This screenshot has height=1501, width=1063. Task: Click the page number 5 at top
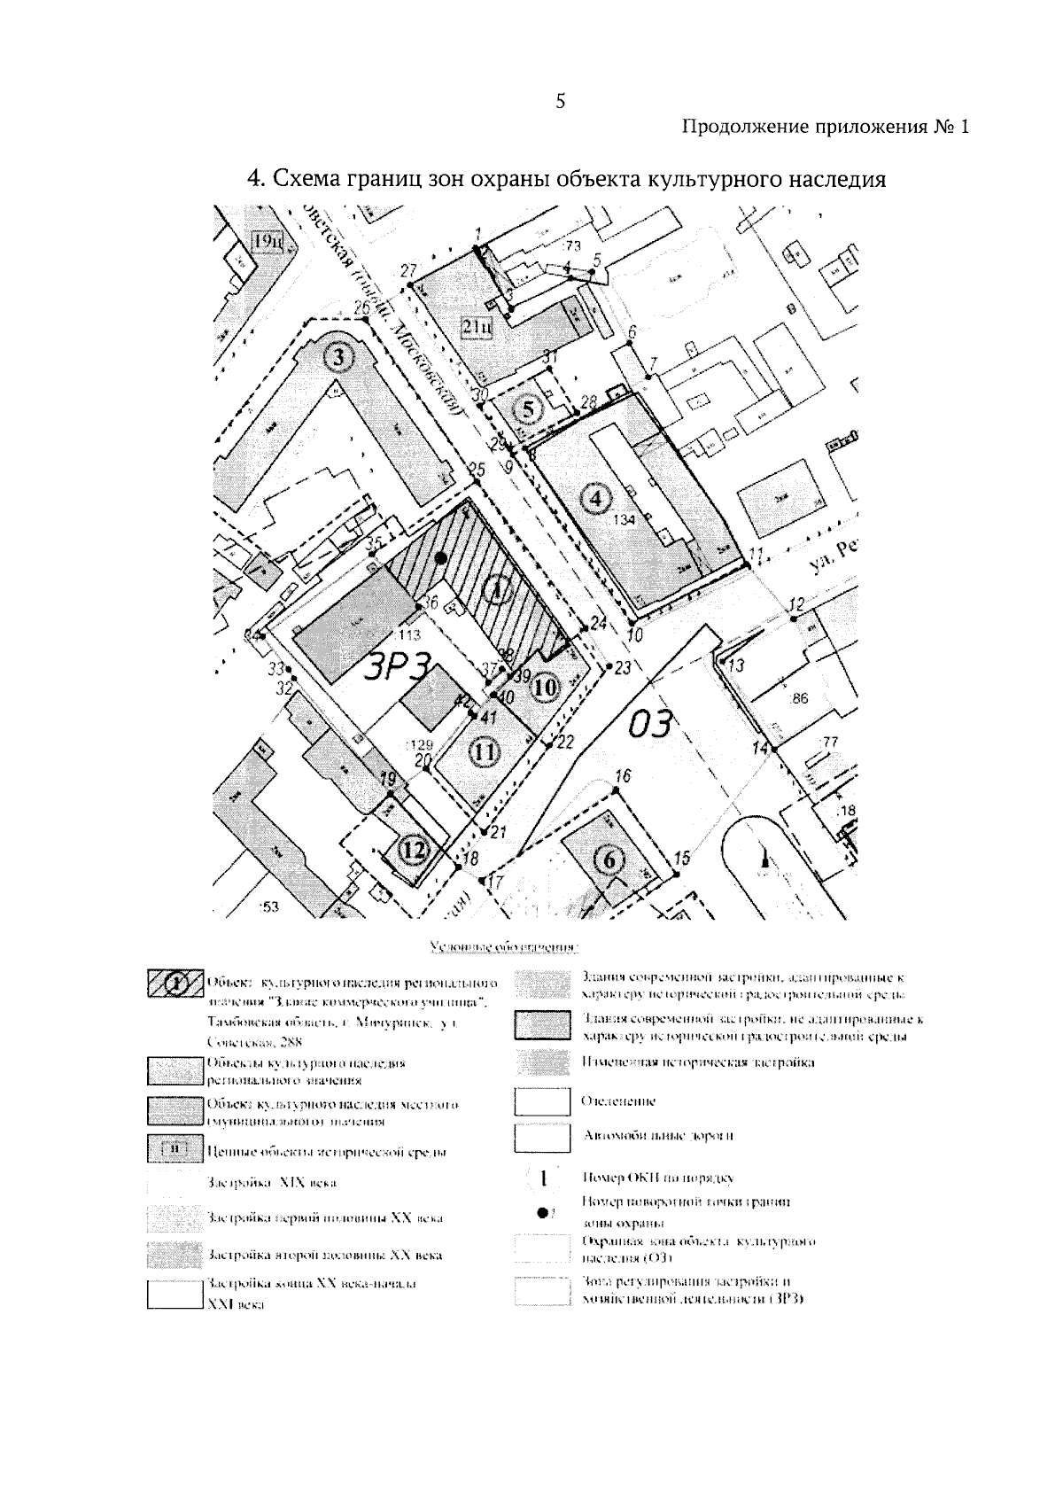[x=560, y=101]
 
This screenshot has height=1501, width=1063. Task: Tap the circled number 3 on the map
[x=338, y=358]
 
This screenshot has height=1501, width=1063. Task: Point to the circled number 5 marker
[x=529, y=409]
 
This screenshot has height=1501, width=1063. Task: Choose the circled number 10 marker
[x=546, y=686]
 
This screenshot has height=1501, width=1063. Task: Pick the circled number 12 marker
[x=414, y=850]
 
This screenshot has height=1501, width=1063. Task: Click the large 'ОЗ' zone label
[x=652, y=724]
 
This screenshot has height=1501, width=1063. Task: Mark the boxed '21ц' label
[x=478, y=328]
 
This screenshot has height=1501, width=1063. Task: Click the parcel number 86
[x=799, y=698]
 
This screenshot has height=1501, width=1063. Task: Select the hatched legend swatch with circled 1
[x=175, y=984]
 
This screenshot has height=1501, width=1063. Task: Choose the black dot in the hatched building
[x=441, y=557]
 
